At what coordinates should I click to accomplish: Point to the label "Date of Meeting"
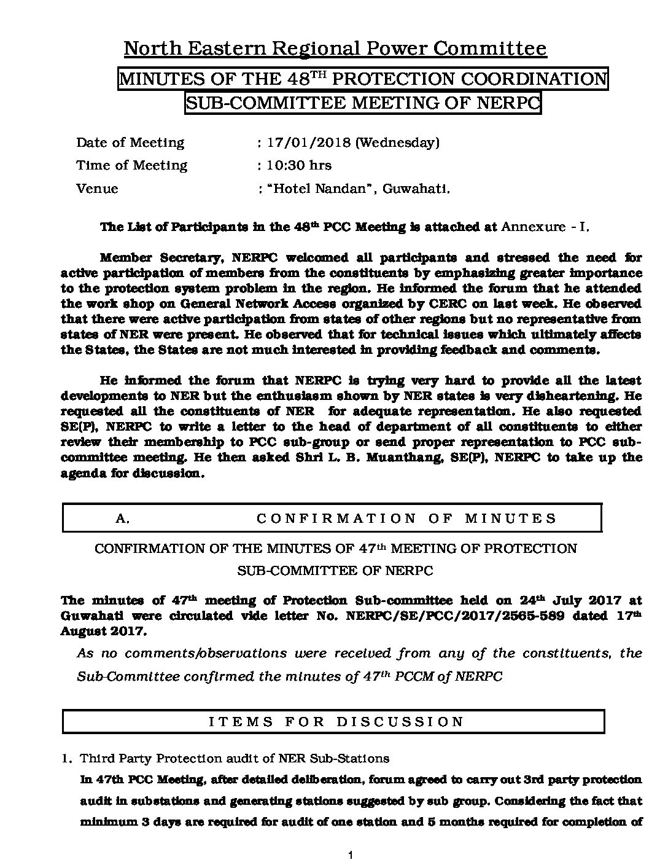coord(130,143)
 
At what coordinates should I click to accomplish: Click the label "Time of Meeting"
coord(131,165)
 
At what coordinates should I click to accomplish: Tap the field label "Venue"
coord(97,189)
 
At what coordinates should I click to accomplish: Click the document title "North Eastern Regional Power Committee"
coord(335,49)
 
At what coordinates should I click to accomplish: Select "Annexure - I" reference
coord(545,227)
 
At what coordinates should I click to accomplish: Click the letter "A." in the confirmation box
coord(123,519)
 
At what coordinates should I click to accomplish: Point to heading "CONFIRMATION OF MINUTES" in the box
coord(406,519)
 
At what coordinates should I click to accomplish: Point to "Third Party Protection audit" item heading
coord(166,759)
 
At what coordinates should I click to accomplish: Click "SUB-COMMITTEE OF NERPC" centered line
coord(335,571)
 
